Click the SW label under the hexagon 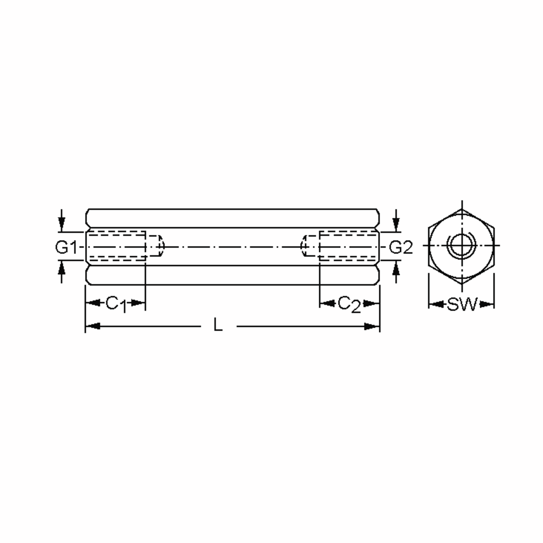tap(462, 304)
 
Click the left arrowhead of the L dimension tap(93, 326)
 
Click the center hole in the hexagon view tap(462, 245)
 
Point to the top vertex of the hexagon tap(462, 209)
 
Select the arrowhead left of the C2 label tap(327, 303)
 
